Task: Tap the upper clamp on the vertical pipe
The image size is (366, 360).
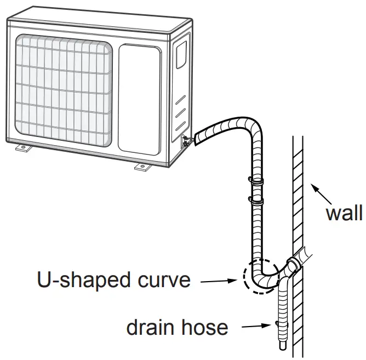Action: tap(255, 180)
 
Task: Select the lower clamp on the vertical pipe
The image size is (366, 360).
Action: tap(255, 199)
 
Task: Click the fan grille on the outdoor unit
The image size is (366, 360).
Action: tap(63, 91)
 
